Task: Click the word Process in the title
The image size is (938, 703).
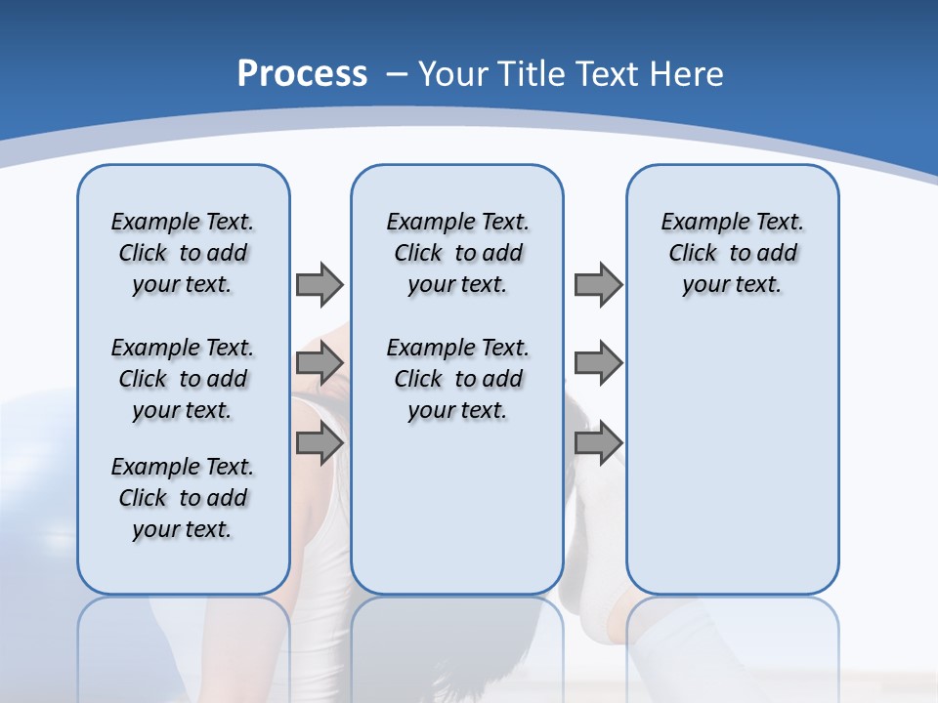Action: pos(302,73)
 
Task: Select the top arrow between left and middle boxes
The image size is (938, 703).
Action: pos(319,284)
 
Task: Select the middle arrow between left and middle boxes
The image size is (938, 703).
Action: pos(319,364)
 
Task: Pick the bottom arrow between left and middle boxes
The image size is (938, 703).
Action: pos(319,443)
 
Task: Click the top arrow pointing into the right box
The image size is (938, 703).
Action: pos(598,284)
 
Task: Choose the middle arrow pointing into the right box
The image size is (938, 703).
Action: pos(598,364)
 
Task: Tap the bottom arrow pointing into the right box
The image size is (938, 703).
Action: pos(598,443)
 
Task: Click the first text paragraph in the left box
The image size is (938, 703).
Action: pos(183,253)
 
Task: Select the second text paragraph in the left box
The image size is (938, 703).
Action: pos(183,379)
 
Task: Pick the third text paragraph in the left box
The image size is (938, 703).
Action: pos(183,498)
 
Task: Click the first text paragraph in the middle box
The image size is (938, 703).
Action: pos(458,253)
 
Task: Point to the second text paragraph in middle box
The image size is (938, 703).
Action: pos(458,379)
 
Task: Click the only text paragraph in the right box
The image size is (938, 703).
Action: pos(733,253)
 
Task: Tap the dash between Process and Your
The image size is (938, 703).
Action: pos(396,74)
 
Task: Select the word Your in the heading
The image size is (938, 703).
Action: pos(453,73)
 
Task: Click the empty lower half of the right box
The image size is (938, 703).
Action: pos(733,469)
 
